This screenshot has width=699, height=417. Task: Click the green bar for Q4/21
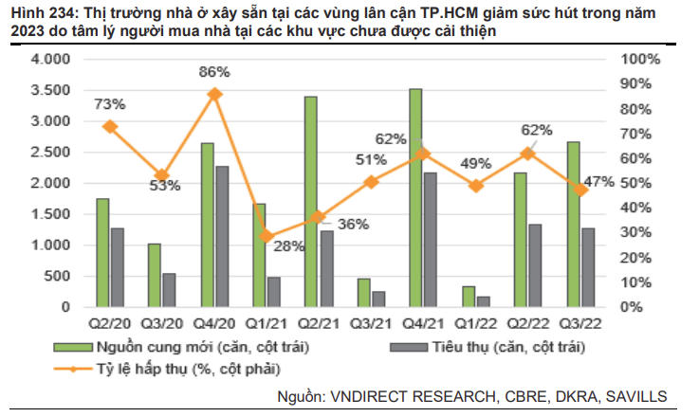[x=415, y=198]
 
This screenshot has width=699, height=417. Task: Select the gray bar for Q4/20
[x=221, y=237]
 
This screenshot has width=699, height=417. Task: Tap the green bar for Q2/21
[x=311, y=202]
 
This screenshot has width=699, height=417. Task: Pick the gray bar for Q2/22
[x=535, y=266]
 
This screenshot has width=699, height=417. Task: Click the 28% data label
[x=289, y=246]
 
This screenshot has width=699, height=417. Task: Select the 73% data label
[x=110, y=103]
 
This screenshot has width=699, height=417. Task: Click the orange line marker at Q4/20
[x=214, y=94]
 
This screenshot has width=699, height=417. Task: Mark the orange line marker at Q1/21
[x=267, y=237]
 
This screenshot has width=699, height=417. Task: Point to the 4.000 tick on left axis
[x=50, y=60]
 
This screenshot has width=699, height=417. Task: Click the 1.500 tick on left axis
[x=50, y=214]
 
